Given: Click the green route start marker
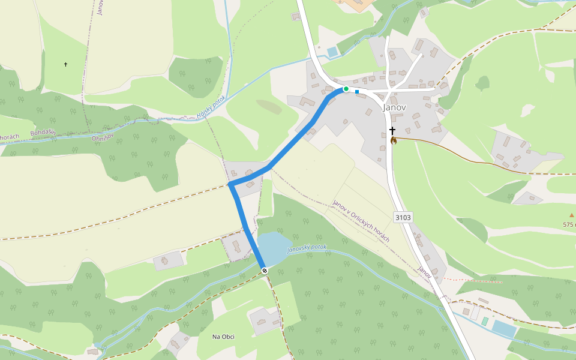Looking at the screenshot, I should (x=346, y=89).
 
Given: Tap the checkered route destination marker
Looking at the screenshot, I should (x=265, y=271).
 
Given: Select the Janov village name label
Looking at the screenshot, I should (x=394, y=107).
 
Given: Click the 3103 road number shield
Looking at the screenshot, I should (x=403, y=217).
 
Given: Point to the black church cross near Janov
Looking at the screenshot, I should (x=392, y=130).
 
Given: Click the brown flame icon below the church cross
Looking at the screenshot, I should (x=394, y=141).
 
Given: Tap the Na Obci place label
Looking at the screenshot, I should (x=223, y=337).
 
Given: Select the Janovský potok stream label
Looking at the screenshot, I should (x=307, y=248).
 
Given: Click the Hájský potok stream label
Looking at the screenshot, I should (x=211, y=107).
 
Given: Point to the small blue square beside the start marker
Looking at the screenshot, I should (x=357, y=92).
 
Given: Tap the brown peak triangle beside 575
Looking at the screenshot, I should (x=571, y=215).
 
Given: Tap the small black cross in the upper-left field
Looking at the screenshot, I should (x=65, y=64).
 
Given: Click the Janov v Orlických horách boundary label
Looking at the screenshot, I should (x=361, y=221).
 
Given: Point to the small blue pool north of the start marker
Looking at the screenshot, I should (x=332, y=52).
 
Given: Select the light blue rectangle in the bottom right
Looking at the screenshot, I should (x=504, y=328).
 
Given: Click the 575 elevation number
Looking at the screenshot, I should (x=569, y=224).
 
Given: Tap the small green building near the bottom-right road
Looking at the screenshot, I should (x=485, y=321).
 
